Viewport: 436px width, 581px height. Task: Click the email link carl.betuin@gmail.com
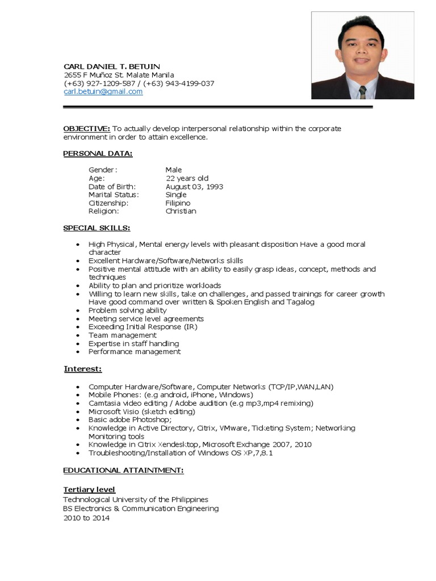[103, 91]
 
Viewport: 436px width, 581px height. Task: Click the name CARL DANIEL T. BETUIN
[112, 66]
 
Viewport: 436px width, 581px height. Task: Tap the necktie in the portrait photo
[362, 91]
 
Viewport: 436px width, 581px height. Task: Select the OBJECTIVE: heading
[86, 129]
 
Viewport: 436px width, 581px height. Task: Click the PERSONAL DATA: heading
[98, 154]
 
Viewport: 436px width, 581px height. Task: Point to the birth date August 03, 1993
[194, 187]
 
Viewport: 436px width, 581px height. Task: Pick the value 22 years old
[187, 178]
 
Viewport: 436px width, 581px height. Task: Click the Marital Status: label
[114, 195]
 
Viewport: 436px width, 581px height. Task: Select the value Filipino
[178, 203]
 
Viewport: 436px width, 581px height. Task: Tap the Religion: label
[104, 211]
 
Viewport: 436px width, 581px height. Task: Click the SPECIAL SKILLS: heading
[97, 228]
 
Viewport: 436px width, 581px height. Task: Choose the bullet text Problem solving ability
[127, 310]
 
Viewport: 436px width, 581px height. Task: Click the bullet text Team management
[122, 335]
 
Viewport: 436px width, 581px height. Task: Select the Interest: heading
[83, 369]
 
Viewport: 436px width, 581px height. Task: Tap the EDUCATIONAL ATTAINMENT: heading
[123, 470]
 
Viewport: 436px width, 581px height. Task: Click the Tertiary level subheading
[89, 490]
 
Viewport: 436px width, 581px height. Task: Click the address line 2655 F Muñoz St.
[119, 75]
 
